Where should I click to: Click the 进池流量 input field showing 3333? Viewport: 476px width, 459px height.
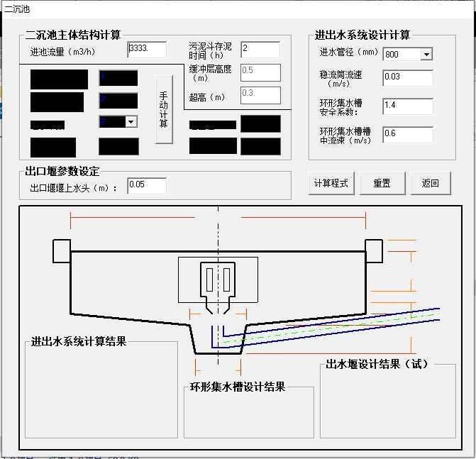pyautogui.click(x=147, y=50)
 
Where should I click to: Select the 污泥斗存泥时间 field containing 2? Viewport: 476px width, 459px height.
pyautogui.click(x=260, y=50)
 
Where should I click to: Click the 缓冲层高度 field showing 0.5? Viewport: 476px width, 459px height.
pyautogui.click(x=260, y=72)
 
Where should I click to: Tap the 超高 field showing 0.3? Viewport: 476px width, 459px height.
pyautogui.click(x=260, y=94)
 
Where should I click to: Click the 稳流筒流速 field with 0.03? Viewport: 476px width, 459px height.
pyautogui.click(x=407, y=77)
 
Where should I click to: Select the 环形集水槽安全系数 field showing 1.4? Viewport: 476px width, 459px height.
pyautogui.click(x=407, y=106)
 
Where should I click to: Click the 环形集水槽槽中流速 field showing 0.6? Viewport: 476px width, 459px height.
pyautogui.click(x=407, y=134)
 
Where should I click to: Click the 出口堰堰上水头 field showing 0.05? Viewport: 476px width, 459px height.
pyautogui.click(x=147, y=186)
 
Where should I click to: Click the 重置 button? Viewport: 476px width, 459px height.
pyautogui.click(x=382, y=183)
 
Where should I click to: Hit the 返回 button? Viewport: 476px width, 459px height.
pyautogui.click(x=431, y=183)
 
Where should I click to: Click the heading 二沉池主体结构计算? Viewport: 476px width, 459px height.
pyautogui.click(x=73, y=34)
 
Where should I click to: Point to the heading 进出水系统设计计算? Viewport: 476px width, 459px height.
pyautogui.click(x=362, y=35)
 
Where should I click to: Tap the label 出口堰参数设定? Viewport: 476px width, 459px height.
pyautogui.click(x=62, y=171)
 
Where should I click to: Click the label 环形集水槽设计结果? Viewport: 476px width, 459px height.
pyautogui.click(x=238, y=387)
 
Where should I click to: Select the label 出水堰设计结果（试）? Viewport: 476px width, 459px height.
pyautogui.click(x=378, y=365)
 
